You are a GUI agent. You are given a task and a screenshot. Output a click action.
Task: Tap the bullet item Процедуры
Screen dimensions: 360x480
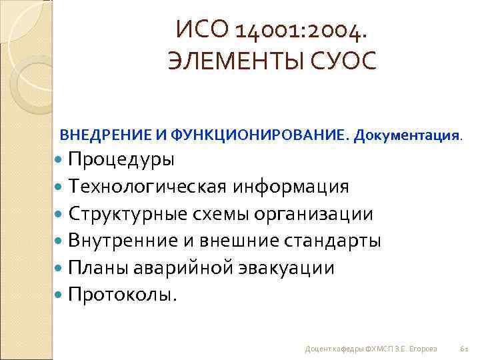pos(121,160)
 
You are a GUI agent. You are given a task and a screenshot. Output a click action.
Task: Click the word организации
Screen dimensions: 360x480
pos(317,213)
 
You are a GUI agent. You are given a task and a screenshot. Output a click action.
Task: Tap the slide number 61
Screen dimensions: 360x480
pos(465,349)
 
